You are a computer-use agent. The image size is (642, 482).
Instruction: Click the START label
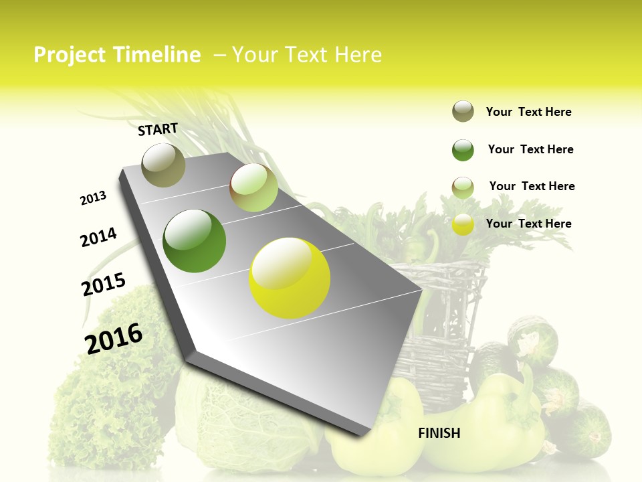(158, 129)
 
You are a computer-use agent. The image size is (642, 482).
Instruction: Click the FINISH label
(439, 433)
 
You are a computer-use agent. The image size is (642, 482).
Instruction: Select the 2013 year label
(93, 198)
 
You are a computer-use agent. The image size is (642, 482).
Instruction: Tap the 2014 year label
(98, 237)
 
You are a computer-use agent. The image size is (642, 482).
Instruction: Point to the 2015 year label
(103, 285)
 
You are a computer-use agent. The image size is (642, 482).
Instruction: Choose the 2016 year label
(114, 338)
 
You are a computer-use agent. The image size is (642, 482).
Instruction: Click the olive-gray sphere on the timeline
(163, 165)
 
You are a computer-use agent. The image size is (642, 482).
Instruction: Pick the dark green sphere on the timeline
(194, 241)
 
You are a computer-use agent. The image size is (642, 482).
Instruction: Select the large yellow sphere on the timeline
(290, 278)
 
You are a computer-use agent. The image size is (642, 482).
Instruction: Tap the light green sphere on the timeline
(253, 188)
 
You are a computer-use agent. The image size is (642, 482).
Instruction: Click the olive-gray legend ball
(463, 111)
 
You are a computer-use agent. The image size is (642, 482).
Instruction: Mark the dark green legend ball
(463, 150)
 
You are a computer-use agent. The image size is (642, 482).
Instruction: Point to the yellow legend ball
(463, 224)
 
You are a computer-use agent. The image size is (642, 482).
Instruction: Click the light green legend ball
(463, 187)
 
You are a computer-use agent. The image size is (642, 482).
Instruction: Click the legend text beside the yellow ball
(528, 224)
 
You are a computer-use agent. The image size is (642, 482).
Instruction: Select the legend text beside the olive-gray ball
(528, 112)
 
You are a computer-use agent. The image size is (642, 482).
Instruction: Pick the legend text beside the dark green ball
(530, 149)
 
